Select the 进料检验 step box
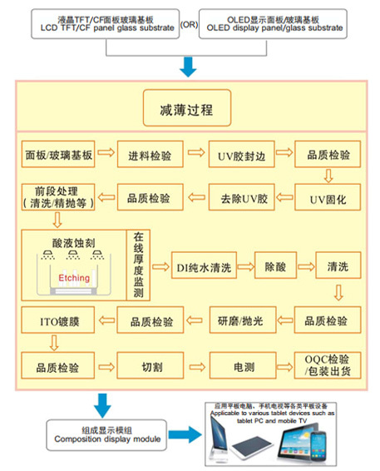click(x=150, y=154)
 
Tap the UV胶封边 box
click(x=239, y=154)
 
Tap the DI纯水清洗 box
click(x=201, y=266)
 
